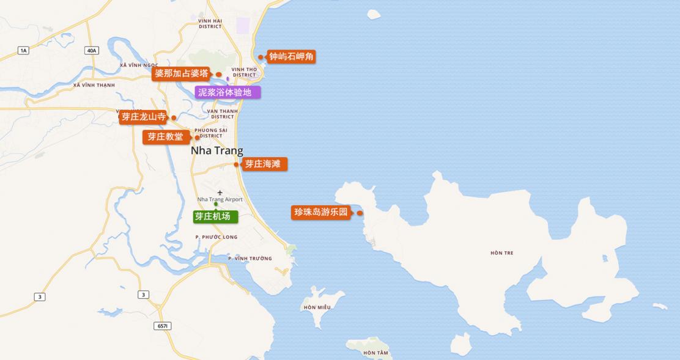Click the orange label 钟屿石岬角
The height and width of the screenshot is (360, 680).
click(x=292, y=57)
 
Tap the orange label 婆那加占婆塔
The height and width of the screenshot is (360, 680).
click(x=181, y=74)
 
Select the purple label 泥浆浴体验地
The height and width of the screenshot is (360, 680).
click(x=225, y=92)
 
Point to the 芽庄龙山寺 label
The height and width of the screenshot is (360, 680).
click(x=143, y=117)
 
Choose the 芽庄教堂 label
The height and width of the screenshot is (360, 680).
click(x=165, y=137)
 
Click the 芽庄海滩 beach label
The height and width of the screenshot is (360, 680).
click(x=263, y=164)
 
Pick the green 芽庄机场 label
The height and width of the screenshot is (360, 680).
click(x=213, y=216)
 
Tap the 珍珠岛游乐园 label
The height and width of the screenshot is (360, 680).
click(x=321, y=212)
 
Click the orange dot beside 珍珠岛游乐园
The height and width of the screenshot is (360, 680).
click(x=360, y=213)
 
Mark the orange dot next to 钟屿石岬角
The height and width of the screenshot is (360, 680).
click(x=261, y=57)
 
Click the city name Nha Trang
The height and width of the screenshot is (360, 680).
click(x=216, y=150)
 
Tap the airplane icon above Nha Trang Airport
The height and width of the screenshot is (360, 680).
click(x=220, y=193)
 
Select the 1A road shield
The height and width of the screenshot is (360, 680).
click(x=23, y=50)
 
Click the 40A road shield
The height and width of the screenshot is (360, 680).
click(x=92, y=50)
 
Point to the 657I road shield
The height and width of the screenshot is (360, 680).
click(x=163, y=326)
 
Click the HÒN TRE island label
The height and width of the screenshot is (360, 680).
click(x=501, y=252)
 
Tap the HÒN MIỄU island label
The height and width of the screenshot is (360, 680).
click(x=317, y=307)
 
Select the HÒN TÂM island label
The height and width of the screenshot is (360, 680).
click(x=375, y=353)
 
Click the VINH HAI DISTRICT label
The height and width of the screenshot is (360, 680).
click(x=210, y=23)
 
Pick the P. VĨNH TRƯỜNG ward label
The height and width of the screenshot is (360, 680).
click(x=249, y=259)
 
